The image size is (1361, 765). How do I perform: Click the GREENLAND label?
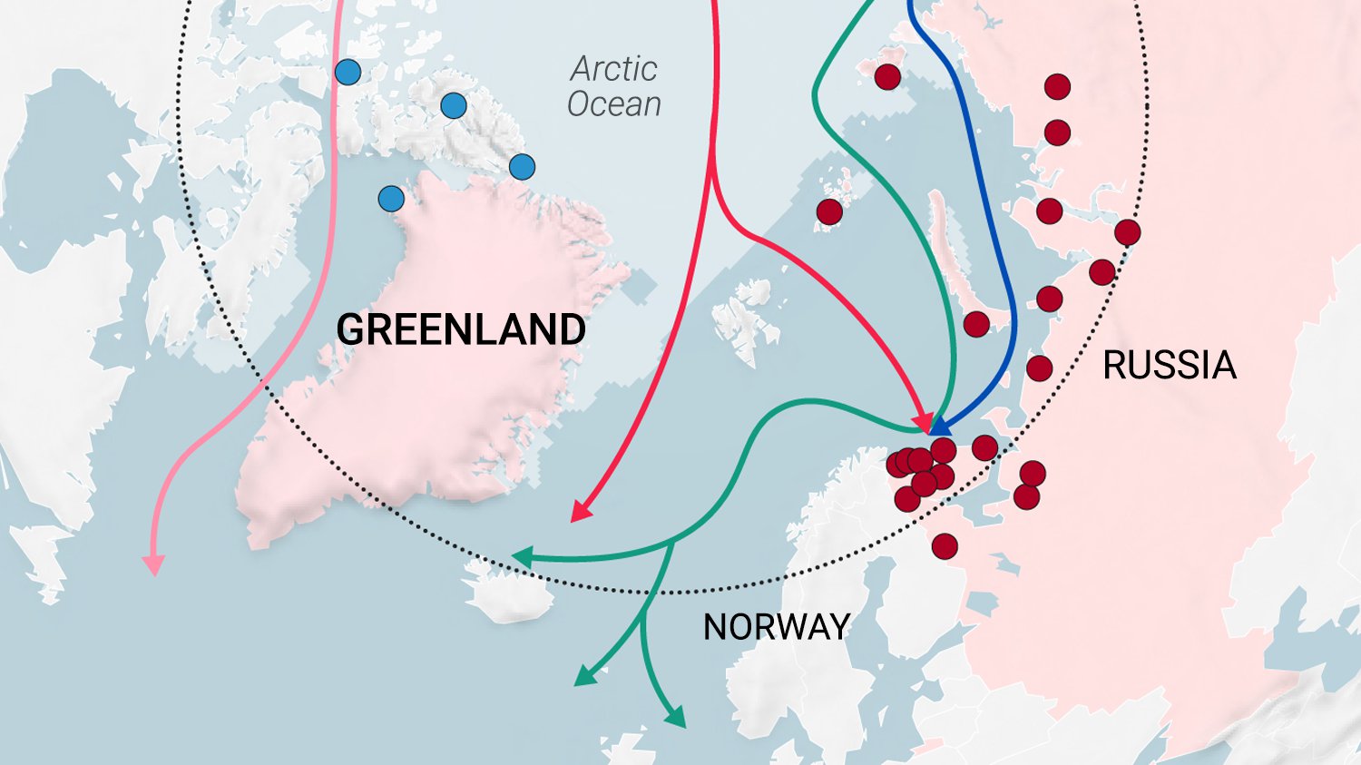[x=461, y=329]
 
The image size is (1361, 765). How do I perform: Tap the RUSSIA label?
[x=1170, y=366]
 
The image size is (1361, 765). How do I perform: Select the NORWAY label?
[x=777, y=627]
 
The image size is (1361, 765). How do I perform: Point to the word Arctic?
[x=614, y=69]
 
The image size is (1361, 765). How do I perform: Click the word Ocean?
[x=614, y=104]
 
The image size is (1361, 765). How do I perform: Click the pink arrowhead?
[x=154, y=565]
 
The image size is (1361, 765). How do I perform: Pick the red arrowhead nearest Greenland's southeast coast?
[x=579, y=514]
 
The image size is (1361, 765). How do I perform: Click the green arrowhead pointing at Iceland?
[x=520, y=557]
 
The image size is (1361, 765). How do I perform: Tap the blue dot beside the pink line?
[x=348, y=72]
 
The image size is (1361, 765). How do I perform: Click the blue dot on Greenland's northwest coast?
[x=391, y=199]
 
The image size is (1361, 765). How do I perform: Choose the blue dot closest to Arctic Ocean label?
[x=522, y=167]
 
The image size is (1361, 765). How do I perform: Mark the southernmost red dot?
[x=945, y=546]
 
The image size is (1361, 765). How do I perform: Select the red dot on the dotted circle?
[x=1128, y=232]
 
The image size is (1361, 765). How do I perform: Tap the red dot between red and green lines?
[x=829, y=212]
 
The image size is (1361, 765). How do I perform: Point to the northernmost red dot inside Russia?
[x=1057, y=87]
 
